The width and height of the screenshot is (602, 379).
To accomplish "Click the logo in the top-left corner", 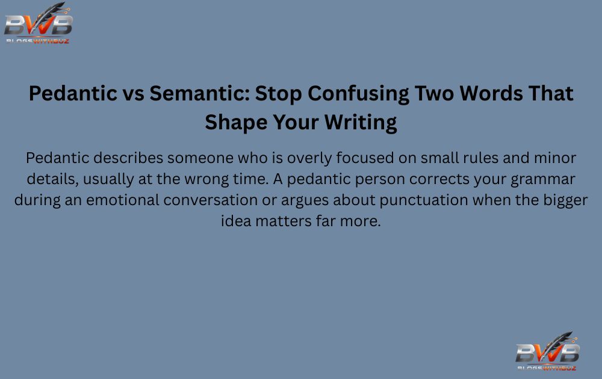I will point(38,23).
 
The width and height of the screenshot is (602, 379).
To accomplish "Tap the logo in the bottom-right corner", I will point(547,351).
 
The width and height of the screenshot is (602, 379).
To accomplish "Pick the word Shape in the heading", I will point(231,122).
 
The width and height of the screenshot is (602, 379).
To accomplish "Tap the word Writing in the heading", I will point(361,122).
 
